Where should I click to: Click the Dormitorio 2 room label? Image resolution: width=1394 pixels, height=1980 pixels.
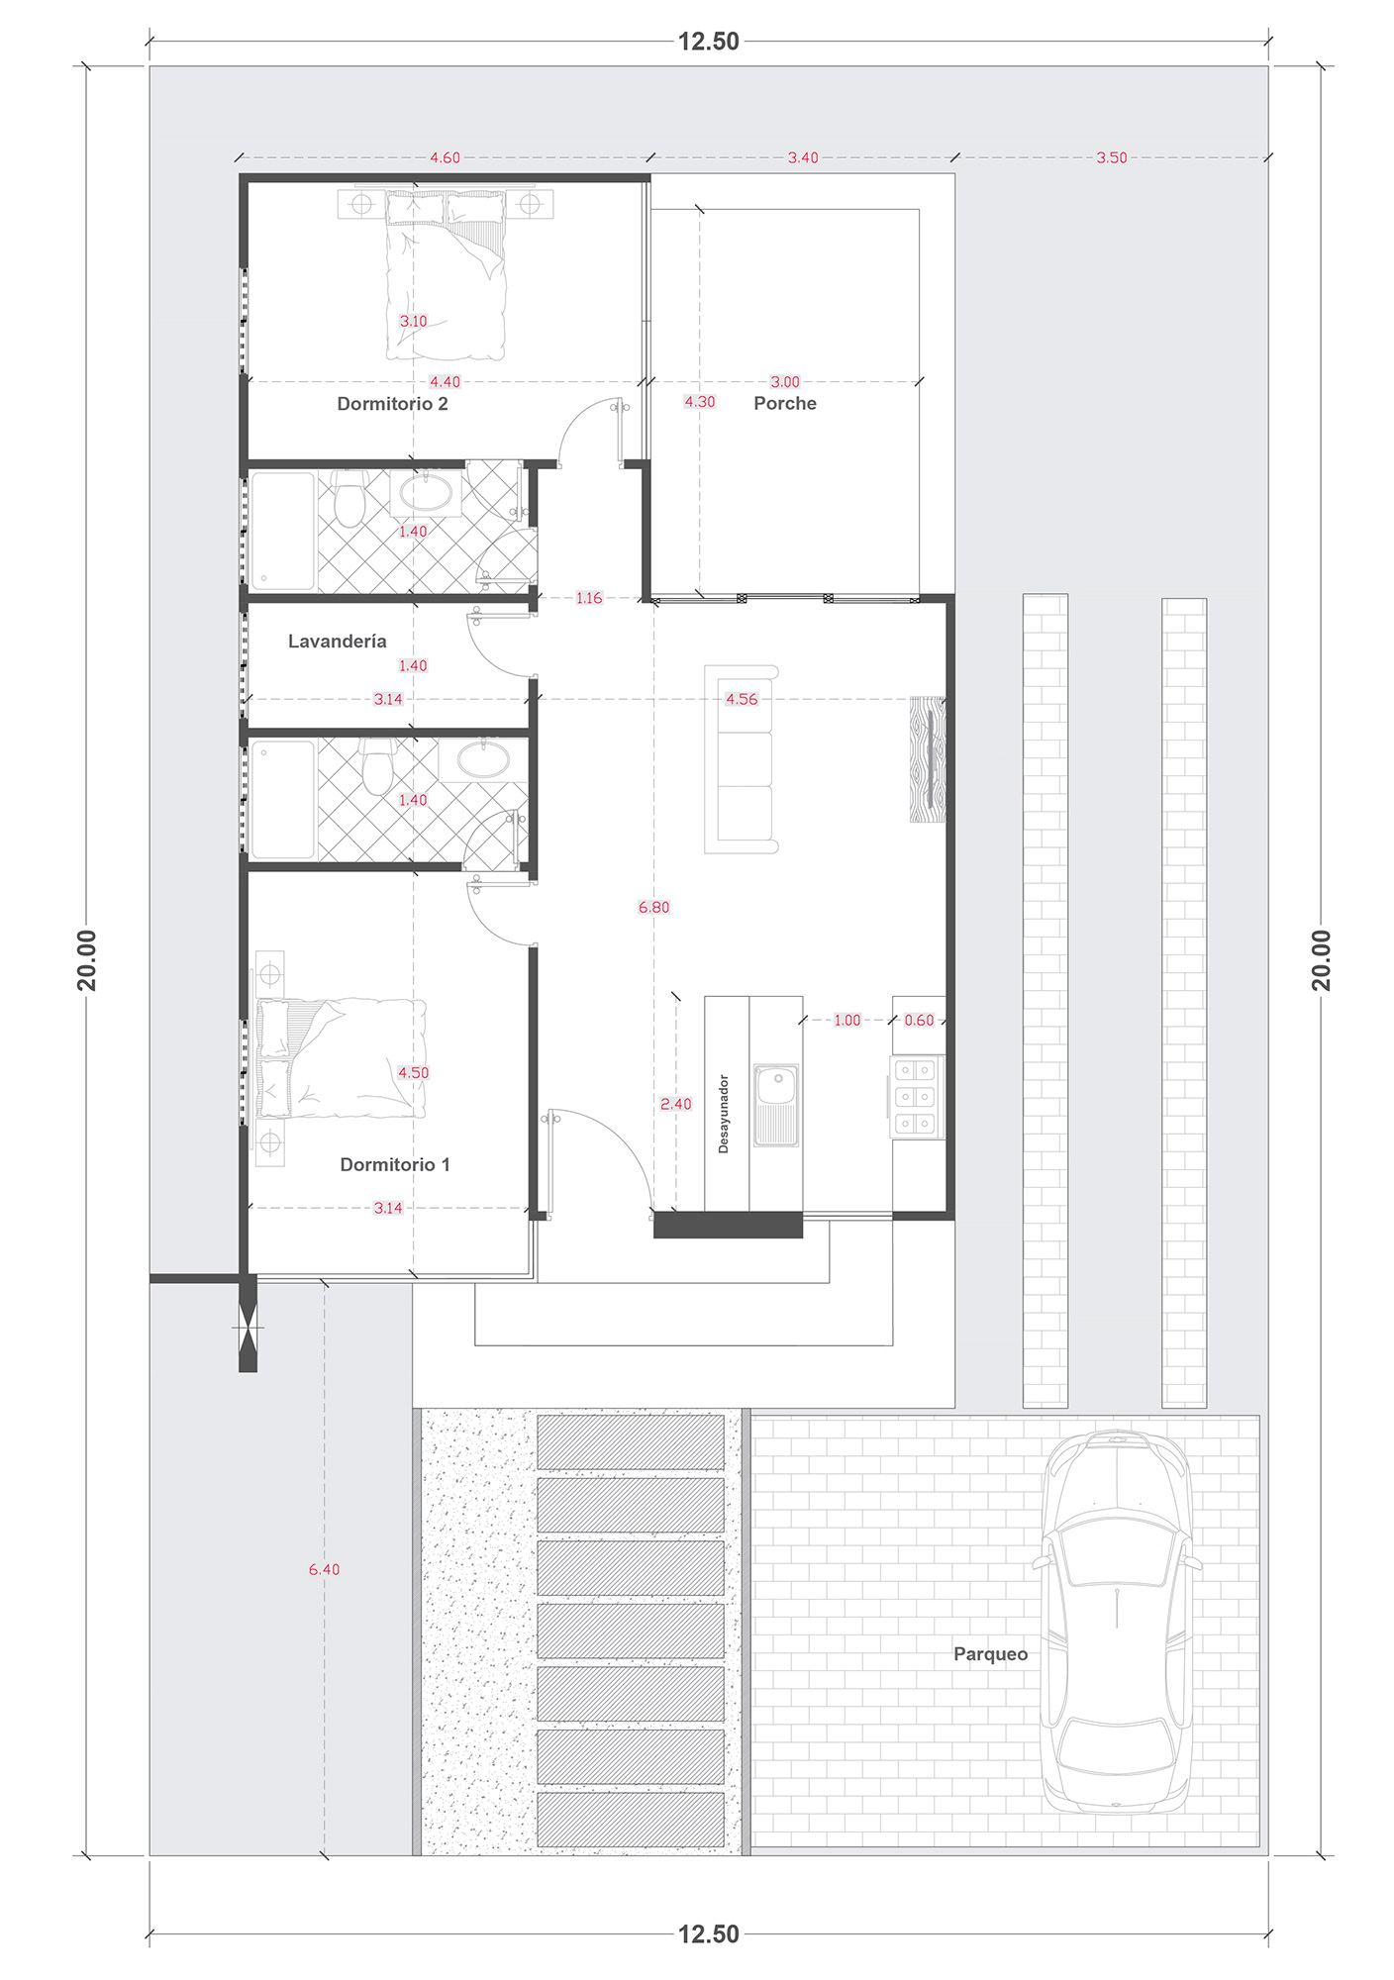click(x=392, y=404)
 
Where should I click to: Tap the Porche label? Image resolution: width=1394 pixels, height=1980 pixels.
click(x=785, y=404)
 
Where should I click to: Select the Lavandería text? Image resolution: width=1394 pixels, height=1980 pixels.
click(x=338, y=642)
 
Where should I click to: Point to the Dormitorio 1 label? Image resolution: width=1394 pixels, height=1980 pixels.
click(x=395, y=1165)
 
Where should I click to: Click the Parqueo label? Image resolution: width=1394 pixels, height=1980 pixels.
click(x=990, y=1654)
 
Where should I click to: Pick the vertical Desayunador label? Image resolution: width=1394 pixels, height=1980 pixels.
click(x=724, y=1114)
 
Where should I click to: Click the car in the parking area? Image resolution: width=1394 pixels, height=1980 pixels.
click(x=1117, y=1622)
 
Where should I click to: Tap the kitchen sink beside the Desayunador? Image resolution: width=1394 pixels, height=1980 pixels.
click(x=776, y=1105)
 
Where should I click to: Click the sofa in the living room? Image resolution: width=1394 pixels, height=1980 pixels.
click(x=742, y=759)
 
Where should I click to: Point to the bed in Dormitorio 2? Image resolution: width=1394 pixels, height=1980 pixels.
click(x=446, y=275)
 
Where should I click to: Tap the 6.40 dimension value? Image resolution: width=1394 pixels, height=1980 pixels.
click(x=324, y=1569)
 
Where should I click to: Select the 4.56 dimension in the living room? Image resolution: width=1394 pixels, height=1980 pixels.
click(x=742, y=699)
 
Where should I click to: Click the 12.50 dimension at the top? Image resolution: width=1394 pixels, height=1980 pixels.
click(x=709, y=42)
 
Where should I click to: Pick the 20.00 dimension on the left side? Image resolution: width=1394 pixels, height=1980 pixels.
click(x=87, y=960)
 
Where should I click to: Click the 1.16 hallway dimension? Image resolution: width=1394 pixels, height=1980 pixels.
click(x=589, y=598)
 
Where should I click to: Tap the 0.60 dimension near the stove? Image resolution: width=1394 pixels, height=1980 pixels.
click(x=919, y=1020)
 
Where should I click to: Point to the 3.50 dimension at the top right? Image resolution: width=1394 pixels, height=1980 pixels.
click(x=1112, y=157)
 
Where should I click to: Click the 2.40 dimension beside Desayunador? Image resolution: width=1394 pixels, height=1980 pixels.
click(x=676, y=1104)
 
